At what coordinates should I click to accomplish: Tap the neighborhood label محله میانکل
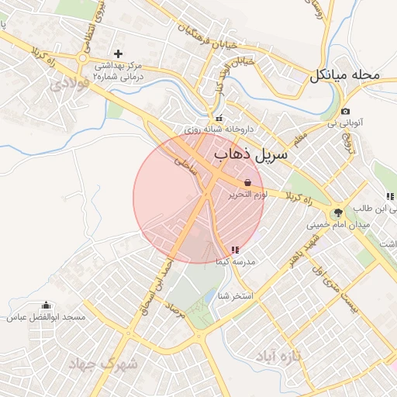346,76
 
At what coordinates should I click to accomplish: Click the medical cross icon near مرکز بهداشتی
118,54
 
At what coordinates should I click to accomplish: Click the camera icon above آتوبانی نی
345,112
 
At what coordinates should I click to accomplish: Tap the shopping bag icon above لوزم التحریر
247,183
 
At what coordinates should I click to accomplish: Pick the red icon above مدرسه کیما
235,250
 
